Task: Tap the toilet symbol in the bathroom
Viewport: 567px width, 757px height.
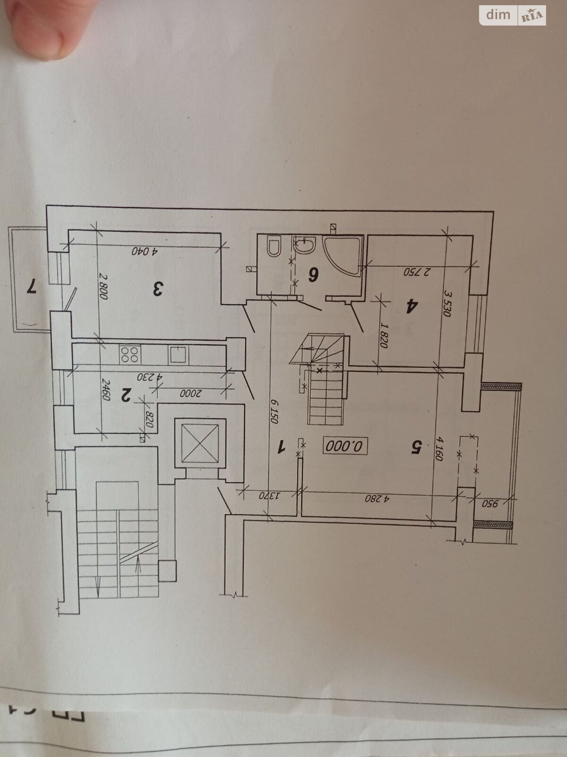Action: pos(274,246)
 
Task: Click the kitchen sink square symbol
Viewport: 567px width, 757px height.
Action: pos(178,354)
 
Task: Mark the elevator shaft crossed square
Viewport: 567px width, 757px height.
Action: pos(200,443)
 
